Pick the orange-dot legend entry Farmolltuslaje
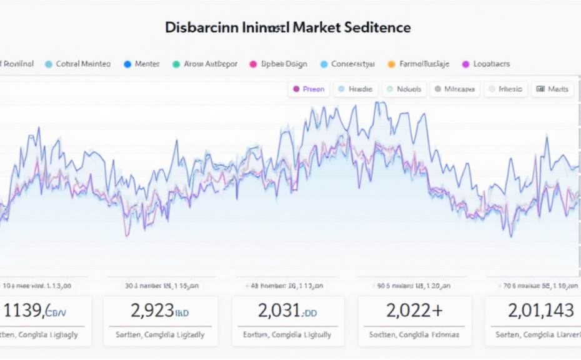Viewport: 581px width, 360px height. point(419,64)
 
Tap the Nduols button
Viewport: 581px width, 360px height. point(405,89)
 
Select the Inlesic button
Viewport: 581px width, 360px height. point(505,89)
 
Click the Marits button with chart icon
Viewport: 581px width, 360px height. point(552,89)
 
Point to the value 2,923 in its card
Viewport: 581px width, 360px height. point(152,311)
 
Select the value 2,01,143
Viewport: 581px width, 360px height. point(540,311)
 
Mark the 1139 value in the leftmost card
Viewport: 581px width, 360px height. point(23,311)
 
